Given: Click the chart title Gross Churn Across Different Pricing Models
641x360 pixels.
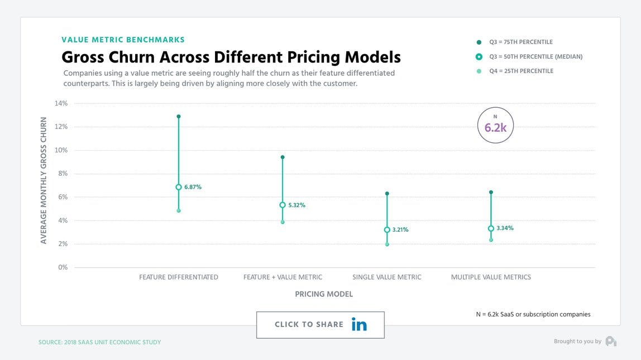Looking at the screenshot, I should click(231, 57).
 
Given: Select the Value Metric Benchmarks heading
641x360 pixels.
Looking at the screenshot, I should click(123, 40).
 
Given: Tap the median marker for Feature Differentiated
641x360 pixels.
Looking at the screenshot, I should click(179, 187).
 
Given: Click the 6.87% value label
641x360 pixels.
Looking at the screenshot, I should click(193, 188).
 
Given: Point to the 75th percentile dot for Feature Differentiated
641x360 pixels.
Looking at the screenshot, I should click(179, 117).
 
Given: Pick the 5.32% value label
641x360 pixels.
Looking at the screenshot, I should click(296, 205).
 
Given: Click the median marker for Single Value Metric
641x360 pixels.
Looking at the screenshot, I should click(387, 230).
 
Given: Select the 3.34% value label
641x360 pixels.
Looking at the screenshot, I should click(505, 228).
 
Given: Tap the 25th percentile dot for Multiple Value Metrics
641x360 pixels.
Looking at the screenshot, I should click(491, 240).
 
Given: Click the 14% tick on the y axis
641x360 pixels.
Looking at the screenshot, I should click(61, 103).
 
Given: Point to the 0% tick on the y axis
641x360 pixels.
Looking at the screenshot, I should click(63, 267).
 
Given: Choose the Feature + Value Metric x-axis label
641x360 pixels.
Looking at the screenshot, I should click(283, 277).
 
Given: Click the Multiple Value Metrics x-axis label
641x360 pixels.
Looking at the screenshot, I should click(491, 277).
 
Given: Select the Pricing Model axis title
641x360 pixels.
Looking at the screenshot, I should click(324, 294).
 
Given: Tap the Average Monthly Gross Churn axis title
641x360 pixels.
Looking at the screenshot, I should click(44, 180).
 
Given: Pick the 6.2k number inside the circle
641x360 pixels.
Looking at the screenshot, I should click(495, 128).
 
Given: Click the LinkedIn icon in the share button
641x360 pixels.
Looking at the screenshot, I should click(359, 325).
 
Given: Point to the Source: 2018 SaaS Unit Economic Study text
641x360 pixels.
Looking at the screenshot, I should click(99, 342).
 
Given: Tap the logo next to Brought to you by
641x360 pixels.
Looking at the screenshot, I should click(611, 341).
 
